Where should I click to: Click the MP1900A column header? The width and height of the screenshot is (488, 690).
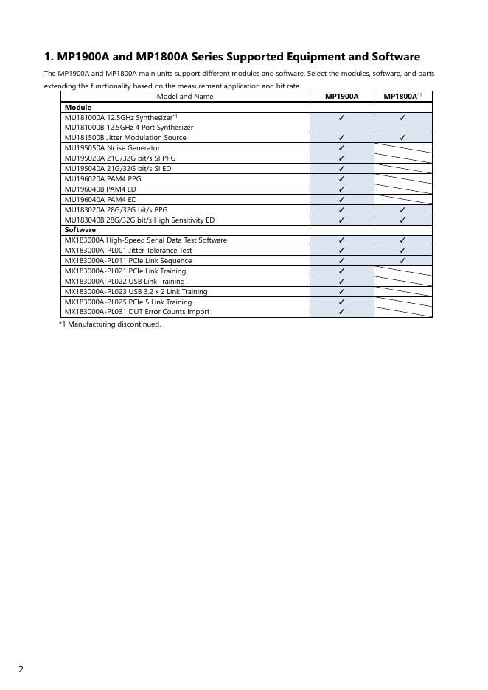tap(341, 97)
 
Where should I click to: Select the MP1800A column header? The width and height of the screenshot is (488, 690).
tap(401, 97)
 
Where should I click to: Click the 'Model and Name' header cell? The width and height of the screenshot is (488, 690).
tap(185, 97)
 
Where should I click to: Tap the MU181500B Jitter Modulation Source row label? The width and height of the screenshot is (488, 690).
tap(125, 138)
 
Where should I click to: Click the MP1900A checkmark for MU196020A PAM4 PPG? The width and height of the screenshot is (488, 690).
tap(342, 178)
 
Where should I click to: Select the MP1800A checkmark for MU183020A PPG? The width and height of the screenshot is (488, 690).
tap(402, 209)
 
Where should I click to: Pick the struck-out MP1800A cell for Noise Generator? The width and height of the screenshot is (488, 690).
tap(402, 147)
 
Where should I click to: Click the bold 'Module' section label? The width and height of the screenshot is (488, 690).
tap(78, 107)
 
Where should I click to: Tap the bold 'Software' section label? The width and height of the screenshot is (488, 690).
tap(80, 230)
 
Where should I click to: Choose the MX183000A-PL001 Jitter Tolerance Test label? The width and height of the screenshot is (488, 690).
tap(128, 251)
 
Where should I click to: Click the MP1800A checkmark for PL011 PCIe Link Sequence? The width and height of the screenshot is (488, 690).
tap(402, 261)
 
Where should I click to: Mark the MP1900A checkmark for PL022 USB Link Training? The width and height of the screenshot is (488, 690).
tap(342, 282)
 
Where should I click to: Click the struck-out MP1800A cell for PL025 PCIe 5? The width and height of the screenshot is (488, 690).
tap(402, 302)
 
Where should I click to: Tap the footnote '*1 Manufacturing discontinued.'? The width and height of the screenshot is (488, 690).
tap(110, 324)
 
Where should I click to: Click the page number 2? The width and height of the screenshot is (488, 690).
tap(21, 669)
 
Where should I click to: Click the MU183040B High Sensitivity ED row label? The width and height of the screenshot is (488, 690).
tap(140, 220)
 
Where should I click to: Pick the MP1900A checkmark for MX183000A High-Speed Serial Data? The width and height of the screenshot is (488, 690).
tap(342, 240)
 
